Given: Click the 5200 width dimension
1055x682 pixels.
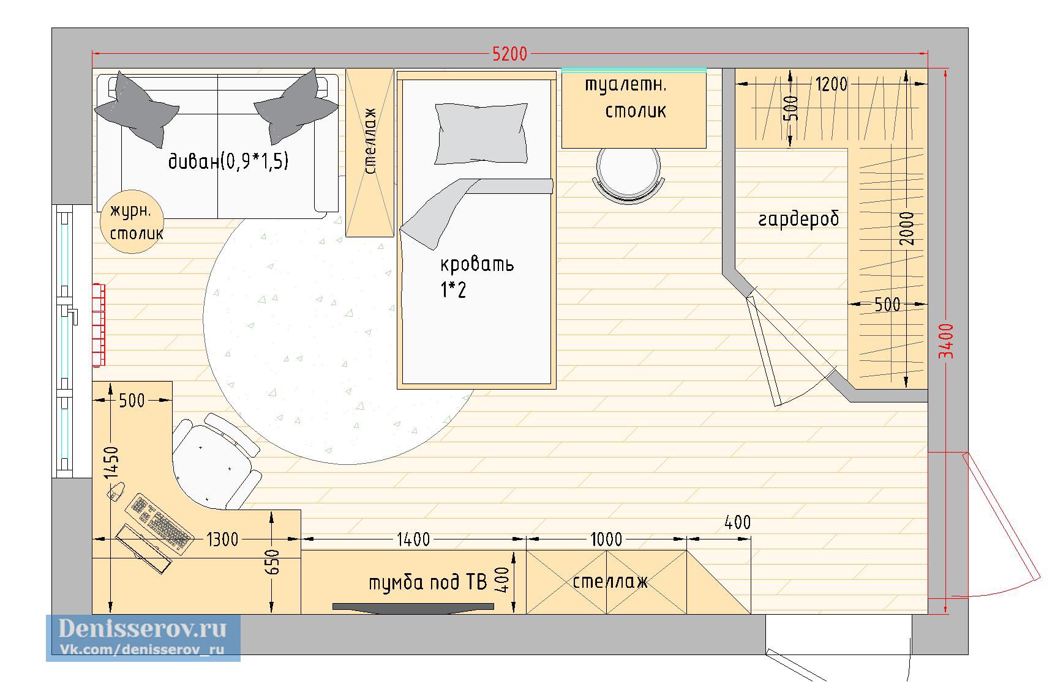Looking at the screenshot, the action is click(x=510, y=54).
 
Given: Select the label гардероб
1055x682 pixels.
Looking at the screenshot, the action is click(x=798, y=219).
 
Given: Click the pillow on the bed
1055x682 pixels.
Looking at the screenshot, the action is click(x=481, y=133).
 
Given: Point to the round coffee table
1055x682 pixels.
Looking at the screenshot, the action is click(x=133, y=223).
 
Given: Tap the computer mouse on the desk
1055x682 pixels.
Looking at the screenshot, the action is click(x=116, y=490).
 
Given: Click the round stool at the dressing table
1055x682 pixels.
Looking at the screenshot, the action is click(x=629, y=175).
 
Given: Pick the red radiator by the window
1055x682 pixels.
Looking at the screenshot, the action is click(x=99, y=325).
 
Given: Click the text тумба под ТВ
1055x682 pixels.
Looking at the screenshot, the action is click(x=427, y=582).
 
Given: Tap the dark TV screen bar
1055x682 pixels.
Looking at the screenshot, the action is click(x=413, y=607).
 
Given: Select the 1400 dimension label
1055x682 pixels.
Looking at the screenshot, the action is click(x=413, y=539).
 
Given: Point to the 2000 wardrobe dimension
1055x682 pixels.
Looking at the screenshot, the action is click(x=908, y=228).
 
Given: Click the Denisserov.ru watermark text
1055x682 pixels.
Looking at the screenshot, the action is click(x=143, y=628).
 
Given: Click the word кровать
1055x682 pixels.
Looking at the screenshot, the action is click(x=477, y=264).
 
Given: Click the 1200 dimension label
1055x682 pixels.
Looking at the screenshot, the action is click(x=831, y=84).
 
